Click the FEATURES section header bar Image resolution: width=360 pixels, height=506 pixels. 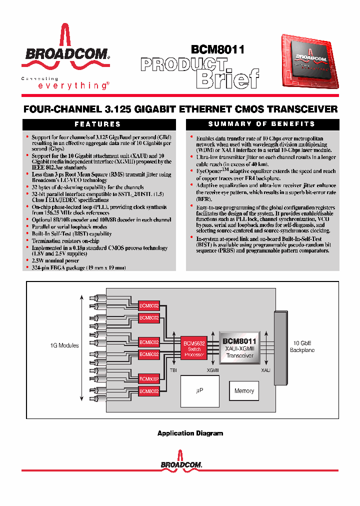point(97,124)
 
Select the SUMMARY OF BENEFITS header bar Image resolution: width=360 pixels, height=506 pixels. point(261,124)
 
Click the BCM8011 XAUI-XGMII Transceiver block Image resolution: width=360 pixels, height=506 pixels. point(240,348)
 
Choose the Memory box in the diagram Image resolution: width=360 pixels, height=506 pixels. point(244,391)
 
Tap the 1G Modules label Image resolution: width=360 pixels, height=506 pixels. point(64,345)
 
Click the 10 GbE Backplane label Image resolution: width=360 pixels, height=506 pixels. point(302,346)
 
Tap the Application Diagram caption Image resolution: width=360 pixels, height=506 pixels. point(190,433)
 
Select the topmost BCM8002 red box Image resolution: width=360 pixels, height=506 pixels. point(148,305)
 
